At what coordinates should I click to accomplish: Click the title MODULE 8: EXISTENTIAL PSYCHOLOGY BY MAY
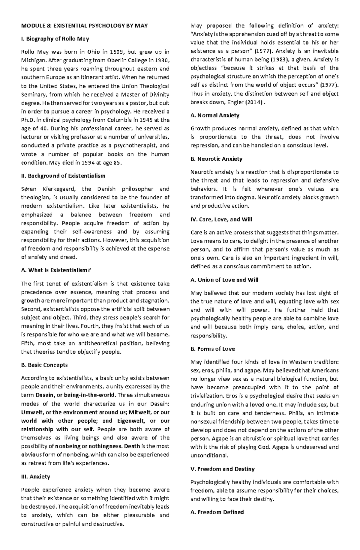click(84, 25)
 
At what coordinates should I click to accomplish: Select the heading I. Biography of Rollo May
click(55, 39)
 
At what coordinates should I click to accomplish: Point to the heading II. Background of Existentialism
click(63, 176)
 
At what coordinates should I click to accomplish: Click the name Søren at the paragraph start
click(28, 189)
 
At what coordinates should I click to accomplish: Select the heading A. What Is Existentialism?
click(56, 270)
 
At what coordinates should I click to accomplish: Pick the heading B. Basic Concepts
click(44, 365)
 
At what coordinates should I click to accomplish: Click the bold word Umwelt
click(31, 412)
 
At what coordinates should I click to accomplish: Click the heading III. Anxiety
click(35, 477)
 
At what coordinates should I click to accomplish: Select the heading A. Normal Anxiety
click(215, 115)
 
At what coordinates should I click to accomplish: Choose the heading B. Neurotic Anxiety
click(216, 159)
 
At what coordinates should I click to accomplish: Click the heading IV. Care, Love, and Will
click(221, 219)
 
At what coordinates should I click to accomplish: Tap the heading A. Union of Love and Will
click(224, 280)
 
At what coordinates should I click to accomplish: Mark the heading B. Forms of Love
click(212, 349)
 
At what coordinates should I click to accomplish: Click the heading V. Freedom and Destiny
click(222, 469)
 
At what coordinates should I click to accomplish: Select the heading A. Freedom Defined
click(217, 512)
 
